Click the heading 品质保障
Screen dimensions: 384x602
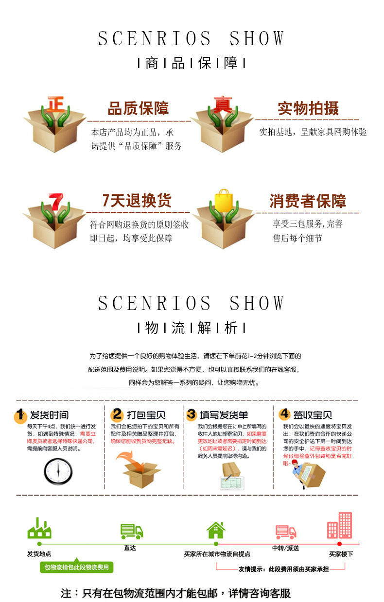pos(138,108)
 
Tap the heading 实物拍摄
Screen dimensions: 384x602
pos(308,108)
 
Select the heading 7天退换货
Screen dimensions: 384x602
pos(137,200)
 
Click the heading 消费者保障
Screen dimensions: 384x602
pos(308,201)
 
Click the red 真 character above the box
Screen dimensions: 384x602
pos(222,104)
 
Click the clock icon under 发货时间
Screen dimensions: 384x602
pos(58,471)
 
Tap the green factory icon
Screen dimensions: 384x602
pos(39,529)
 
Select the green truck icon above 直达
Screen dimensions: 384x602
pos(132,532)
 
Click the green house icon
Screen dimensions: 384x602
pos(216,530)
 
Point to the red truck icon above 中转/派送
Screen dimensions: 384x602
pos(286,532)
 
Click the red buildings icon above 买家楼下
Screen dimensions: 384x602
pos(339,525)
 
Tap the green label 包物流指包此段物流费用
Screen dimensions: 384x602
pos(76,567)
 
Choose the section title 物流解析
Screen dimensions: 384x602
pos(192,328)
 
